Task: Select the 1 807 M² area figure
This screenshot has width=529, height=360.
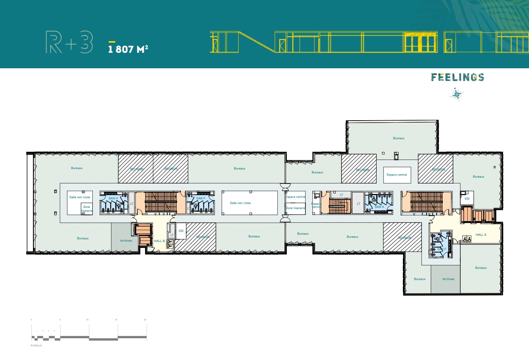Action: [x=128, y=49]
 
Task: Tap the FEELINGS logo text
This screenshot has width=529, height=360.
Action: [x=458, y=77]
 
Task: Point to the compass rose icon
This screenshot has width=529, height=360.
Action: [x=457, y=94]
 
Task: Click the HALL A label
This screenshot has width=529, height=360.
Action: [x=481, y=235]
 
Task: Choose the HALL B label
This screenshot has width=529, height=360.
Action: [x=159, y=241]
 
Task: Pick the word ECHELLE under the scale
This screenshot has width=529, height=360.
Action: [x=36, y=345]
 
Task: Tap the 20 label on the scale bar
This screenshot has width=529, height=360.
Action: [x=145, y=320]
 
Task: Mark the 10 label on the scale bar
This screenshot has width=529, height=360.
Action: [x=87, y=320]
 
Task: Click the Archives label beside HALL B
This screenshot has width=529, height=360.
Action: [x=126, y=241]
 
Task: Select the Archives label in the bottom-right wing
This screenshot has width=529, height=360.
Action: [x=448, y=279]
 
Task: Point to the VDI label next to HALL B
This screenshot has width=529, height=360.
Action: [x=181, y=231]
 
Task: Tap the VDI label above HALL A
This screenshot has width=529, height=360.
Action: [x=467, y=199]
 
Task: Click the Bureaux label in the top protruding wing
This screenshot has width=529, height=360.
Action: [x=399, y=138]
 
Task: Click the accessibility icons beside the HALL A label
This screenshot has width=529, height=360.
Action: [x=467, y=239]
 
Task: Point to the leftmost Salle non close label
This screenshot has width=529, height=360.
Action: [x=80, y=197]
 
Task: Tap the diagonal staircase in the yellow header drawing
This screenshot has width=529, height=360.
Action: [x=257, y=42]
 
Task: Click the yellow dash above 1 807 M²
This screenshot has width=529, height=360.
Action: [x=112, y=42]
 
